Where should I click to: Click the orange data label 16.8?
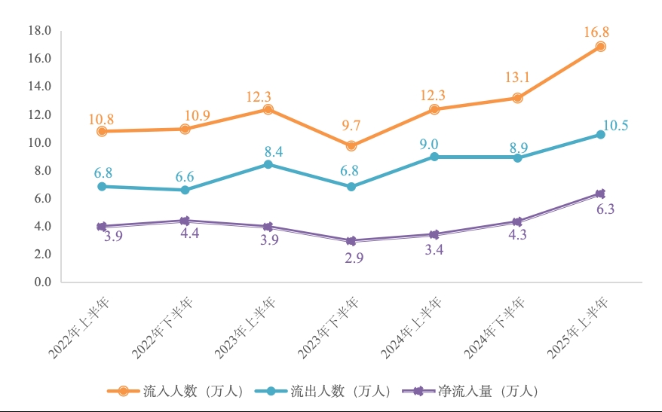tap(596, 32)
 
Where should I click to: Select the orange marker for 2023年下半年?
tap(351, 145)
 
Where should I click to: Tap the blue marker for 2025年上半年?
tap(600, 134)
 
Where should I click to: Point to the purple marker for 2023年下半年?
tap(351, 241)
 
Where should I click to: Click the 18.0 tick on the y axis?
tap(38, 31)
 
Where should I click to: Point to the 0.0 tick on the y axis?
tap(41, 282)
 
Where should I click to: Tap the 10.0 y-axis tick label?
tap(38, 142)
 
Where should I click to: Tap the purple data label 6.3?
tap(605, 209)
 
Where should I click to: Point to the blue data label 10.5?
tap(616, 126)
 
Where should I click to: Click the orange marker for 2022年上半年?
tap(102, 131)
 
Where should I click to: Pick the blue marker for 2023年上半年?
tap(268, 164)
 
